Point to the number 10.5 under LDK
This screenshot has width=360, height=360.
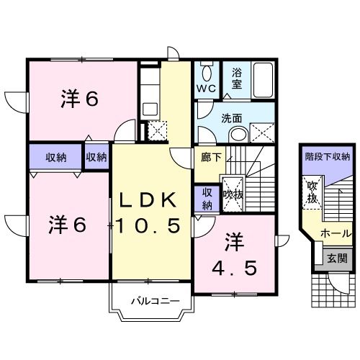(x=152, y=226)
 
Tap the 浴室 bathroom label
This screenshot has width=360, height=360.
(x=237, y=78)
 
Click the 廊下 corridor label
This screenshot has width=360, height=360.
(x=203, y=154)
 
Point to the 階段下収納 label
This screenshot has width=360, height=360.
(x=327, y=156)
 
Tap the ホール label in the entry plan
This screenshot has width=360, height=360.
(x=336, y=233)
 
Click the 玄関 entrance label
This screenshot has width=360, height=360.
(x=336, y=257)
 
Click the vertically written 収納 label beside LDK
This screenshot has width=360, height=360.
(x=207, y=197)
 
